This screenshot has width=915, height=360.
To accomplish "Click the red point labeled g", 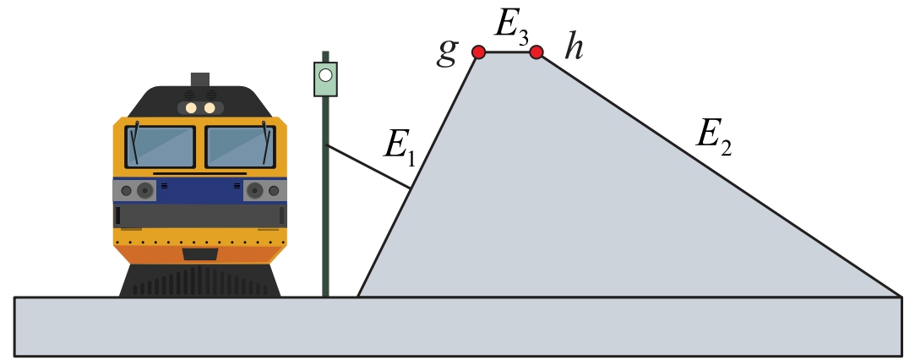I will click(x=478, y=52).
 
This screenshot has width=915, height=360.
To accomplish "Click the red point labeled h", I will click(x=536, y=52).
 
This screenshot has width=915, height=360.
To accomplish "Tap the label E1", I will click(x=398, y=146).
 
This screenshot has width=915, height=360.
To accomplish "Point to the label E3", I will click(x=511, y=26).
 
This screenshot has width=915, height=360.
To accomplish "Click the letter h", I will click(x=575, y=49).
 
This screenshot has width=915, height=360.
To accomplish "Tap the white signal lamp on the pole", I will click(x=325, y=75).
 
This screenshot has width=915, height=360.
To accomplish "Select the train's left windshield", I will click(x=161, y=146).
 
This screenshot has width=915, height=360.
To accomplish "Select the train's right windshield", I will click(x=240, y=146).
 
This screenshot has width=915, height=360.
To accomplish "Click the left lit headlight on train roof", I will click(x=192, y=107).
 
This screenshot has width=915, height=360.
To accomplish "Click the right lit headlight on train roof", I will click(x=209, y=107).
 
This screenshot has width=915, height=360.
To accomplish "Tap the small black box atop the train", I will click(x=200, y=79).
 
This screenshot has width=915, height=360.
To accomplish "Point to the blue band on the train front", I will click(x=200, y=189).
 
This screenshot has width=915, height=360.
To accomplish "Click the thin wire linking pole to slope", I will click(x=368, y=166).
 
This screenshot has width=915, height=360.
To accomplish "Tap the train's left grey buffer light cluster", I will click(x=136, y=191).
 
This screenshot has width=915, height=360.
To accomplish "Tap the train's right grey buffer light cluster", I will click(x=264, y=191).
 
